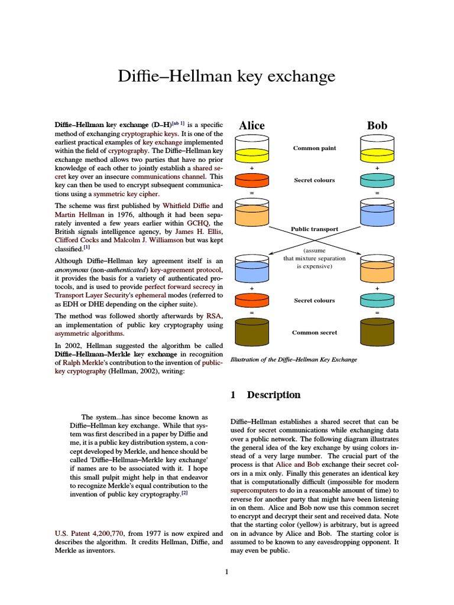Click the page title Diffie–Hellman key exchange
click(x=227, y=77)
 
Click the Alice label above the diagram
click(x=252, y=125)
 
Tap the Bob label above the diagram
click(x=377, y=125)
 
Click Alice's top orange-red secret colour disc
click(x=252, y=180)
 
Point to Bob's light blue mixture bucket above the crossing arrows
click(x=377, y=212)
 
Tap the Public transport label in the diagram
click(x=314, y=229)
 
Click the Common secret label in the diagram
click(x=314, y=333)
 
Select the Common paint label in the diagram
click(x=314, y=148)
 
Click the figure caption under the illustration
click(x=293, y=359)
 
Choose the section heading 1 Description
click(x=265, y=395)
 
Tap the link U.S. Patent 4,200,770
click(x=89, y=534)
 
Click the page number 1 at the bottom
click(x=226, y=571)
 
